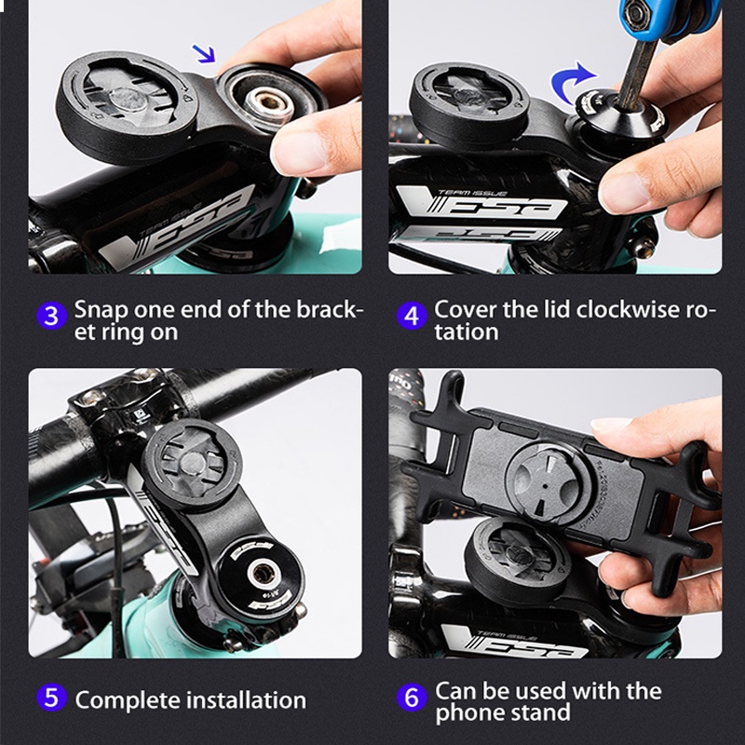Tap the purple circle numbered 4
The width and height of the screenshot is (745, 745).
click(x=413, y=316)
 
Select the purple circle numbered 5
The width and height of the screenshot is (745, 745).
click(x=52, y=698)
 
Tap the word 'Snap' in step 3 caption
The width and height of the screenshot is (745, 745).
click(x=99, y=309)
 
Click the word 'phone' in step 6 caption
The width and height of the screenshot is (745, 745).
click(x=466, y=714)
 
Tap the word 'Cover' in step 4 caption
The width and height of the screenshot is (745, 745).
click(x=461, y=309)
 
